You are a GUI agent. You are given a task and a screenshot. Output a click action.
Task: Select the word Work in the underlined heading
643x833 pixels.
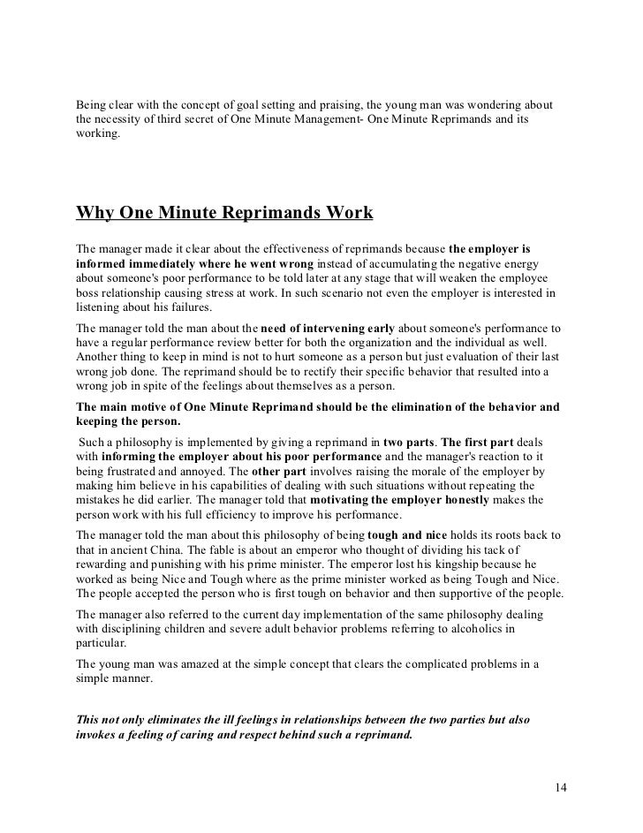350,214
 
